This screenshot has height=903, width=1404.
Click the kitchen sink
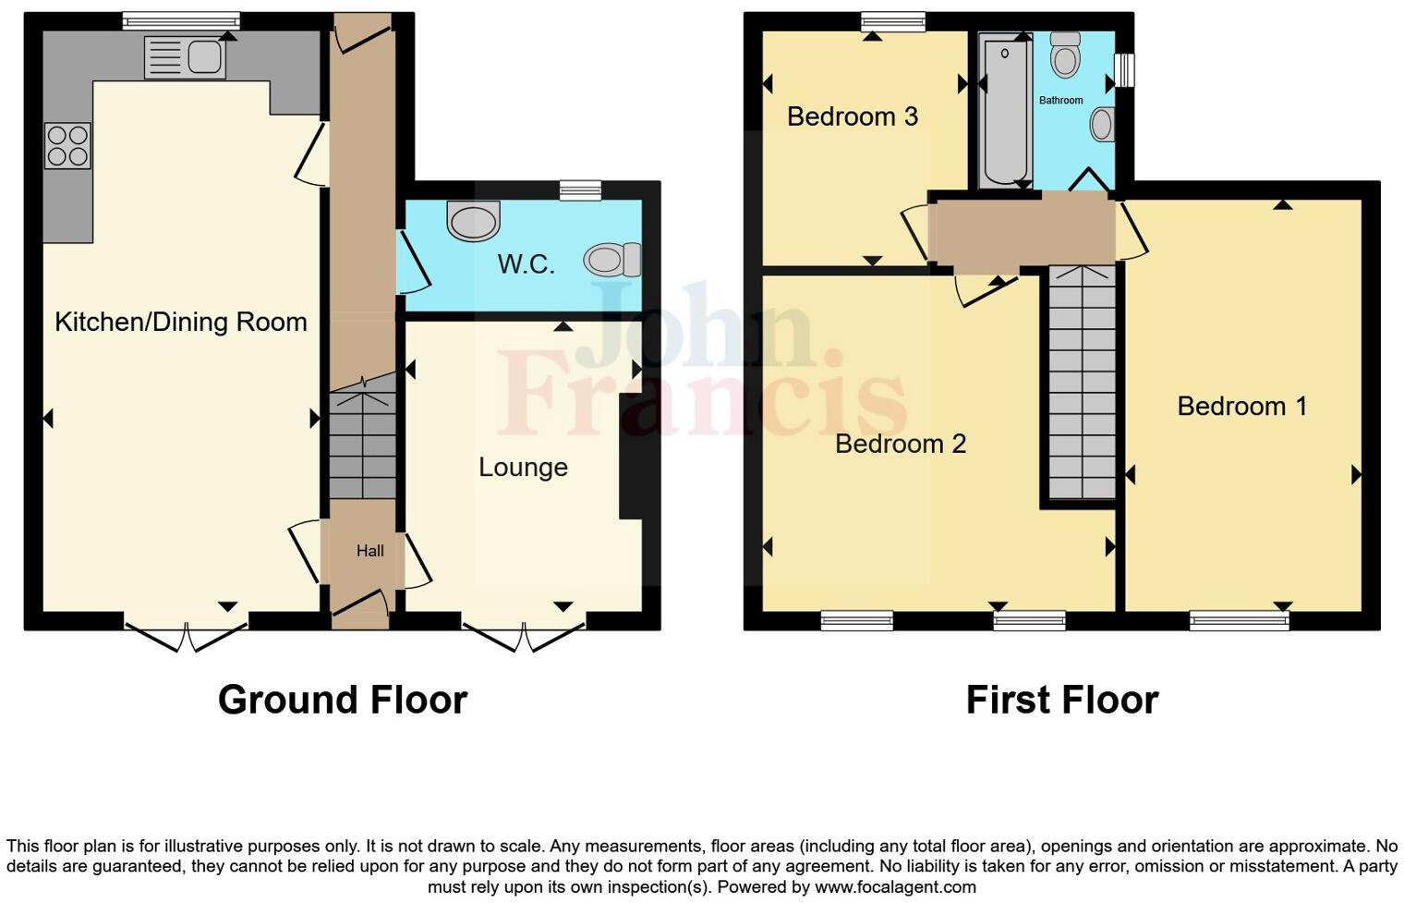point(186,58)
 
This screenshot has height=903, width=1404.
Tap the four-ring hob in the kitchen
point(67,146)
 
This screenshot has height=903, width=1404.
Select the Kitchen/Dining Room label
point(181,322)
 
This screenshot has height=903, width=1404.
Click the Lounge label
point(523,467)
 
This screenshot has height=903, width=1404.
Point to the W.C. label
point(526,264)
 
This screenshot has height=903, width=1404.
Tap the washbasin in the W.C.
point(473,221)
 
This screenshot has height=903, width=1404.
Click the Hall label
point(370,551)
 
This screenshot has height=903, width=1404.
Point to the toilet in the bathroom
point(1066,56)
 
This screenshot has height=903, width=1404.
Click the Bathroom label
point(1060,100)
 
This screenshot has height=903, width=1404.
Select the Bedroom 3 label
point(853,116)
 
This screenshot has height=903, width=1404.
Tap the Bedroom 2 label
point(901,444)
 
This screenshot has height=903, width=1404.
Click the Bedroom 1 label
point(1242,406)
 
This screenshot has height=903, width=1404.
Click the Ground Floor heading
point(343,700)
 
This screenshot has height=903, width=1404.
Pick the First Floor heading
point(1062,700)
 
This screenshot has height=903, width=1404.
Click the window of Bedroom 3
point(893,21)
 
